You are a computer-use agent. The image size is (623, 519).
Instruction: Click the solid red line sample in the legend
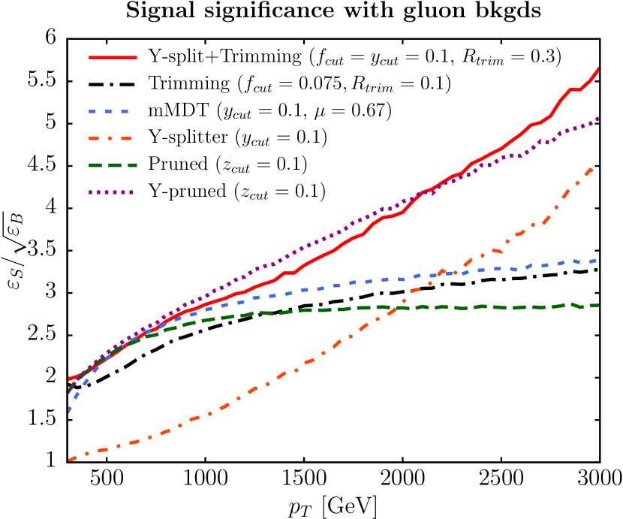coord(113,57)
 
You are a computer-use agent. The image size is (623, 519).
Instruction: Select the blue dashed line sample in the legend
coord(109,111)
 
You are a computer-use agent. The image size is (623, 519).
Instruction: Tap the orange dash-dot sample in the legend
coord(110,138)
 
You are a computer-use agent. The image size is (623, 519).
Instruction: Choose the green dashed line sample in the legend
coord(113,165)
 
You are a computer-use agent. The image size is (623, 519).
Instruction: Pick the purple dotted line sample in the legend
coord(111,192)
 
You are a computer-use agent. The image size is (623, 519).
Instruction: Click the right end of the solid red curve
coord(600,68)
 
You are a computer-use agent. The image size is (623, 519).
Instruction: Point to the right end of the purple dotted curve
coord(599,118)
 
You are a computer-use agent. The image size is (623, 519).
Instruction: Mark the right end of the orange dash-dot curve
coord(593,168)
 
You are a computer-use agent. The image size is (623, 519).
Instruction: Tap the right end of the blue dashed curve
coord(597,260)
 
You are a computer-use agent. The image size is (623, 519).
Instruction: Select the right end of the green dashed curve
coord(598,305)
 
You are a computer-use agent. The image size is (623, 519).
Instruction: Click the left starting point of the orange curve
coord(69,460)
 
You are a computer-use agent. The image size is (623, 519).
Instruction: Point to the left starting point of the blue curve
coord(68,412)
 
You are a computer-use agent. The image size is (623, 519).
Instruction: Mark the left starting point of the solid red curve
coord(69,379)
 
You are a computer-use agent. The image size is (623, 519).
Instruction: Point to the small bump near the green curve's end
coord(571,303)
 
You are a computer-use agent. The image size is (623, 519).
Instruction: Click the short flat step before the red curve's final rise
coord(575,89)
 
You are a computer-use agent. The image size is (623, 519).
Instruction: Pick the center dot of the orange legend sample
coord(110,138)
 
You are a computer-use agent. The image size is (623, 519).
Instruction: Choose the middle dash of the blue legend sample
coord(109,111)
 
